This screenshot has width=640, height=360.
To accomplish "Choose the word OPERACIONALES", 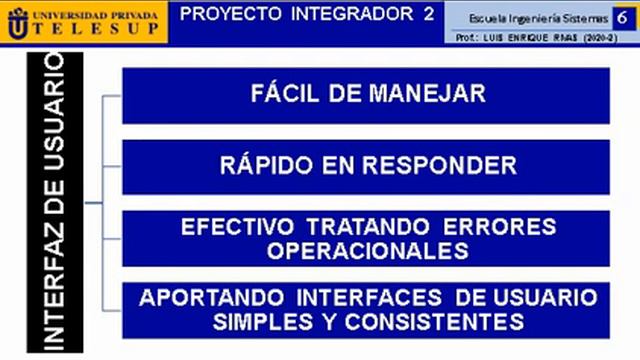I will click(367, 250).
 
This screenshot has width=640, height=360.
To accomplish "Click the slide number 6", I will click(622, 18).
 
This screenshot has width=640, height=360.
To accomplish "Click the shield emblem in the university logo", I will click(17, 22).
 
